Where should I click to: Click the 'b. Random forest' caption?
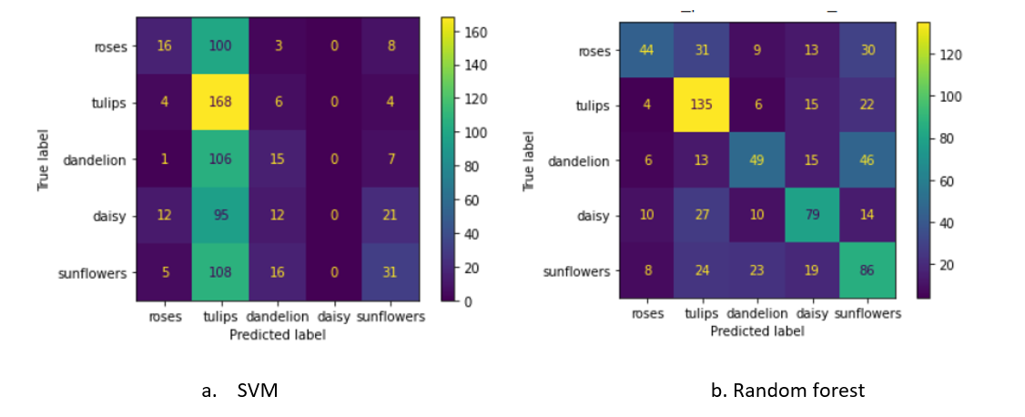[x=787, y=391]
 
